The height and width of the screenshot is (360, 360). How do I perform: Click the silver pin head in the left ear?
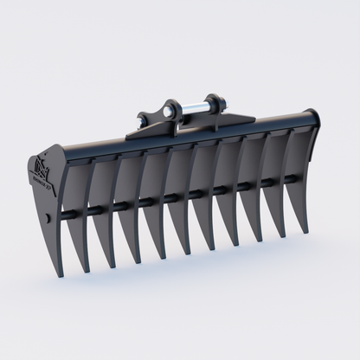170,109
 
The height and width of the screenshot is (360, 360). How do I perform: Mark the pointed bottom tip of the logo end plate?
59,274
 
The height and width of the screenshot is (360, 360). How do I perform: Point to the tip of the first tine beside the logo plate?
85,264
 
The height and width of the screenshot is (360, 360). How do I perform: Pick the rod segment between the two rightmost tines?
287,180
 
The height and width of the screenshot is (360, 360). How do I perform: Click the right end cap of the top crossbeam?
313,119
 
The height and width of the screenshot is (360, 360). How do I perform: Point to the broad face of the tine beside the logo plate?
79,208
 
